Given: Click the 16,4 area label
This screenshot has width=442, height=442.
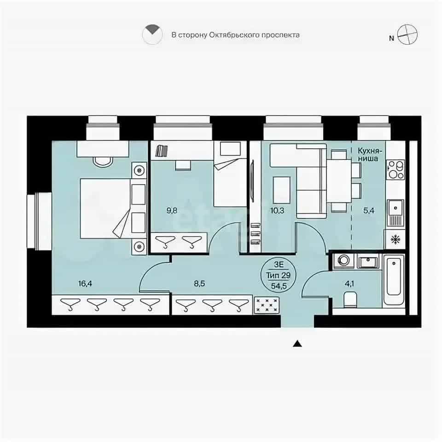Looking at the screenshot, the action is [x=85, y=283].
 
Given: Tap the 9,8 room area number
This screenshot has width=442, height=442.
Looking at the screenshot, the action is [x=172, y=210].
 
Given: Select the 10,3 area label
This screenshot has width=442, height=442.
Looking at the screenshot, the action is [x=277, y=210].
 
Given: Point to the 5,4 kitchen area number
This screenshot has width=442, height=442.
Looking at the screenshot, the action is [x=368, y=210].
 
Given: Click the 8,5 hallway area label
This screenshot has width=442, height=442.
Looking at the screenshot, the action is [x=199, y=283].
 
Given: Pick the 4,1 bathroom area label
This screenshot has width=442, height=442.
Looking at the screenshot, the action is [x=349, y=283].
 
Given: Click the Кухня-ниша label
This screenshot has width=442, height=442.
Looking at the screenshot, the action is [x=370, y=155].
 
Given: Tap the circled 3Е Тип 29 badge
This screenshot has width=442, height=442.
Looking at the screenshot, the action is [x=279, y=275].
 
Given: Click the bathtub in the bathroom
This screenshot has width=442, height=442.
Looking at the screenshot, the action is [x=394, y=279].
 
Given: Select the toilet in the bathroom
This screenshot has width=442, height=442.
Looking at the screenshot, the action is [x=351, y=299].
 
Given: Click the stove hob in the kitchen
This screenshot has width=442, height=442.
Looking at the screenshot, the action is [x=395, y=170].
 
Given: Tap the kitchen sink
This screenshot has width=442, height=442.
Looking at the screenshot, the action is [x=395, y=213].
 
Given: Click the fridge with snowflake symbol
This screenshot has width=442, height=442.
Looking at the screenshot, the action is [x=395, y=239].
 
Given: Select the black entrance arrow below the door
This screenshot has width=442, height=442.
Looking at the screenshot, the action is [x=297, y=344].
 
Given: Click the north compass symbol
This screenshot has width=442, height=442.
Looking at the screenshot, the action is [x=407, y=35].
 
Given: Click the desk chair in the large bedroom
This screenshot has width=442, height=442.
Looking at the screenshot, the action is [x=103, y=162].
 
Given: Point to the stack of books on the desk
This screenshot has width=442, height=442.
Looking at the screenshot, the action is [x=162, y=151].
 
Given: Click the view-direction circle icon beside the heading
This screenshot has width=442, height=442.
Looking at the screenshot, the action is [x=152, y=35].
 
